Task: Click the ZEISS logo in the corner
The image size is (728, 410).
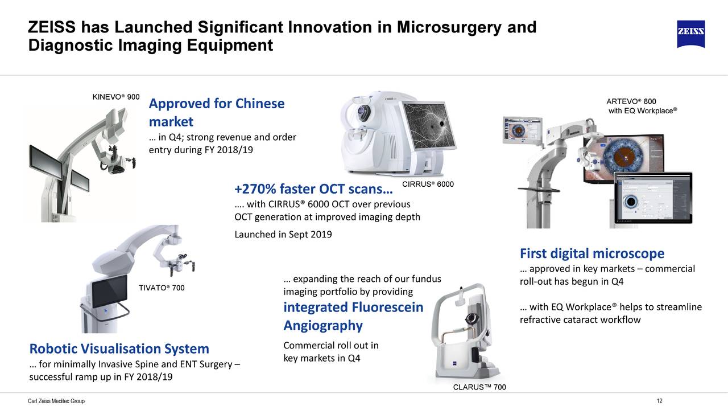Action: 691,34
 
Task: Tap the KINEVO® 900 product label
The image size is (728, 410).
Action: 116,97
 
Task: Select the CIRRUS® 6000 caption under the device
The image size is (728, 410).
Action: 428,184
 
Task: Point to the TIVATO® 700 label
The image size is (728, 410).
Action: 162,288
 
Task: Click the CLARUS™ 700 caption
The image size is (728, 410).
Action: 479,387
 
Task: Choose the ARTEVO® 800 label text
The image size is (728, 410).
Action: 631,101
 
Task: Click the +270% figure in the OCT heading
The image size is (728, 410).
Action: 255,188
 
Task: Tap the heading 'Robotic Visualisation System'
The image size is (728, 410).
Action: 119,348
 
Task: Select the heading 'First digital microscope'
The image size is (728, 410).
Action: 592,253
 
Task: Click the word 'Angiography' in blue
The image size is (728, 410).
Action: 323,326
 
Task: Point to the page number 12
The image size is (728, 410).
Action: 659,401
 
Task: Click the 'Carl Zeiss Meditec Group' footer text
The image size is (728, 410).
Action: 56,401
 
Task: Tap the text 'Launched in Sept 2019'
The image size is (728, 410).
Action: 283,234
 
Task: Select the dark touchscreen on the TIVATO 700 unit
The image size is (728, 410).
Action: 109,290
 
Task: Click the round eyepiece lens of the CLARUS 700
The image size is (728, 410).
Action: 472,319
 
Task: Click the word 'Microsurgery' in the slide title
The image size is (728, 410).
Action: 449,27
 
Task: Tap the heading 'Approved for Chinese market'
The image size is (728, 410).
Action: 217,113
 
